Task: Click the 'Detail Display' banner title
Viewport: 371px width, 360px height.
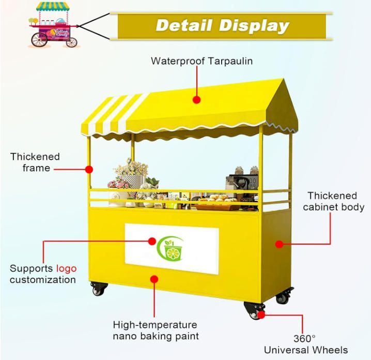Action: [x=222, y=25]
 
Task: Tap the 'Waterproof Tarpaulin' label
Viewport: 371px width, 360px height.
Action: [x=202, y=61]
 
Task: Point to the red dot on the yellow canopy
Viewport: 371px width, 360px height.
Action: [x=196, y=99]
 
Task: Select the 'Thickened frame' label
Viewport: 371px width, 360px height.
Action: [x=35, y=162]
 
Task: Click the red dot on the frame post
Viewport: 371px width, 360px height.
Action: [x=89, y=169]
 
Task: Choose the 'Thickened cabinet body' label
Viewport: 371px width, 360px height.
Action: [x=333, y=201]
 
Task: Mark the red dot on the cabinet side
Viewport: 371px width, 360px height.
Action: [x=280, y=244]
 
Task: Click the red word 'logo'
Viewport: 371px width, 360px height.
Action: [x=66, y=268]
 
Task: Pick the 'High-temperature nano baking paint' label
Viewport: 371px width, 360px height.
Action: [x=155, y=331]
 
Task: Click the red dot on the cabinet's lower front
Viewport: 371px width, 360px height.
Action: [x=153, y=279]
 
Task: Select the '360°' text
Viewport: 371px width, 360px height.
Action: [x=305, y=338]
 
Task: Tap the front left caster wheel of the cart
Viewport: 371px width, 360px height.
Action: [x=98, y=289]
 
